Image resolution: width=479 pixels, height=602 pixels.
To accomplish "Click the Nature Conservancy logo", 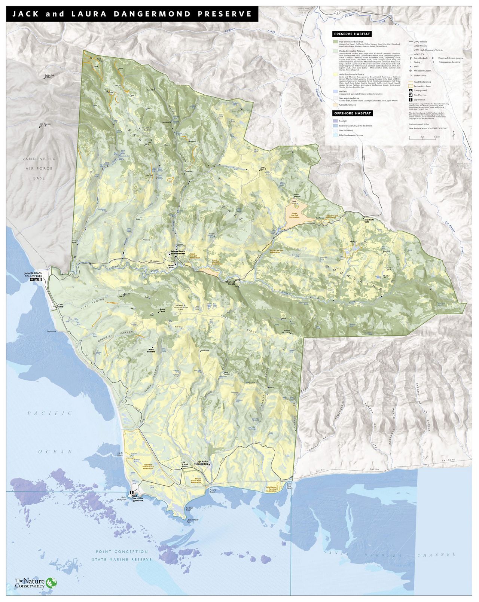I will pyautogui.click(x=36, y=583).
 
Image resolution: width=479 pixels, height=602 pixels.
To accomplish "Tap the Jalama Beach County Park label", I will pyautogui.click(x=34, y=275).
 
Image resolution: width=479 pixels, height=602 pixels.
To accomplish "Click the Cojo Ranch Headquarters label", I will pyautogui.click(x=201, y=463).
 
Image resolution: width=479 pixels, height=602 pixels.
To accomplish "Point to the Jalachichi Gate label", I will pyautogui.click(x=369, y=221).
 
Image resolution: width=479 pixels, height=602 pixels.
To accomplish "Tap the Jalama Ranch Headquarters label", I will pyautogui.click(x=178, y=253).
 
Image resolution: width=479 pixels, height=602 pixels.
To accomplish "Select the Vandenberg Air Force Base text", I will pyautogui.click(x=39, y=168).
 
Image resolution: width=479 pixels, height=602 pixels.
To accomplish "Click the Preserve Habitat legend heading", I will pyautogui.click(x=352, y=34).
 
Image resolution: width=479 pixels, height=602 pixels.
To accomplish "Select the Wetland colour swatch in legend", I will pyautogui.click(x=335, y=91).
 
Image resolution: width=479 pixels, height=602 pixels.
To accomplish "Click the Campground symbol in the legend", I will pyautogui.click(x=411, y=91).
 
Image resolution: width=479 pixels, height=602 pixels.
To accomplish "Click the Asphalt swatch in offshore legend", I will pyautogui.click(x=335, y=121).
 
